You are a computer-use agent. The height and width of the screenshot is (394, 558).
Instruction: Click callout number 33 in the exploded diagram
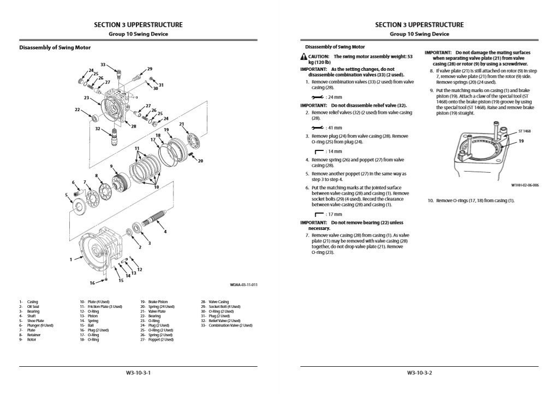tap(103, 64)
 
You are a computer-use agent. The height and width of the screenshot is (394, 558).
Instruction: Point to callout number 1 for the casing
tap(71, 259)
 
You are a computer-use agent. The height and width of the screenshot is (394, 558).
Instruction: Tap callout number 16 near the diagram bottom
tap(92, 283)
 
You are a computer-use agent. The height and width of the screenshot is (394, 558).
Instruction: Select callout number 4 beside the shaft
tap(165, 232)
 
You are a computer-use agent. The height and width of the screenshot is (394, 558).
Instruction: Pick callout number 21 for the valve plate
tap(182, 124)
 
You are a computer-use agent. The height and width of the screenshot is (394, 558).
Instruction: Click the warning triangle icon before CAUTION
tap(303, 57)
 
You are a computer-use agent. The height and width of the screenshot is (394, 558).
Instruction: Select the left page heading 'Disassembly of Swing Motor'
tap(55, 47)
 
